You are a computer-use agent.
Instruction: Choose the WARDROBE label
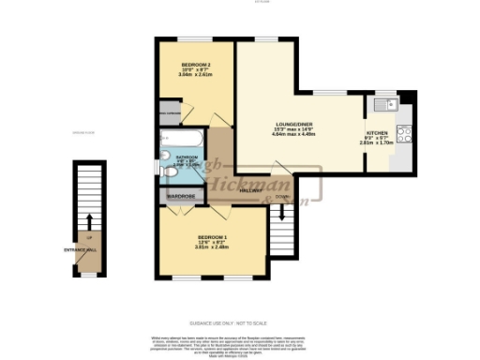[x=180, y=198]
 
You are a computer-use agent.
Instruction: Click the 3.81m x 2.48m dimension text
[x=212, y=247]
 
